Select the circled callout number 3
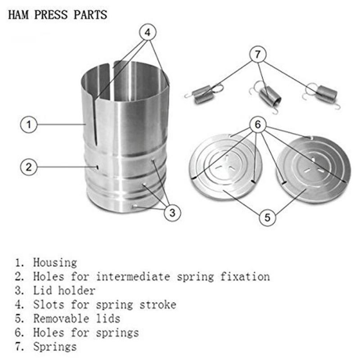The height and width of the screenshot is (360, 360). (172, 212)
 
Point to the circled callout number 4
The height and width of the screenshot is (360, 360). (148, 32)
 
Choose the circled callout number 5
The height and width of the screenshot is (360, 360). (267, 217)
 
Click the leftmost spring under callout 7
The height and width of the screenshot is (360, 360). (203, 94)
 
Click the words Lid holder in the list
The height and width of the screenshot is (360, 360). (64, 290)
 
